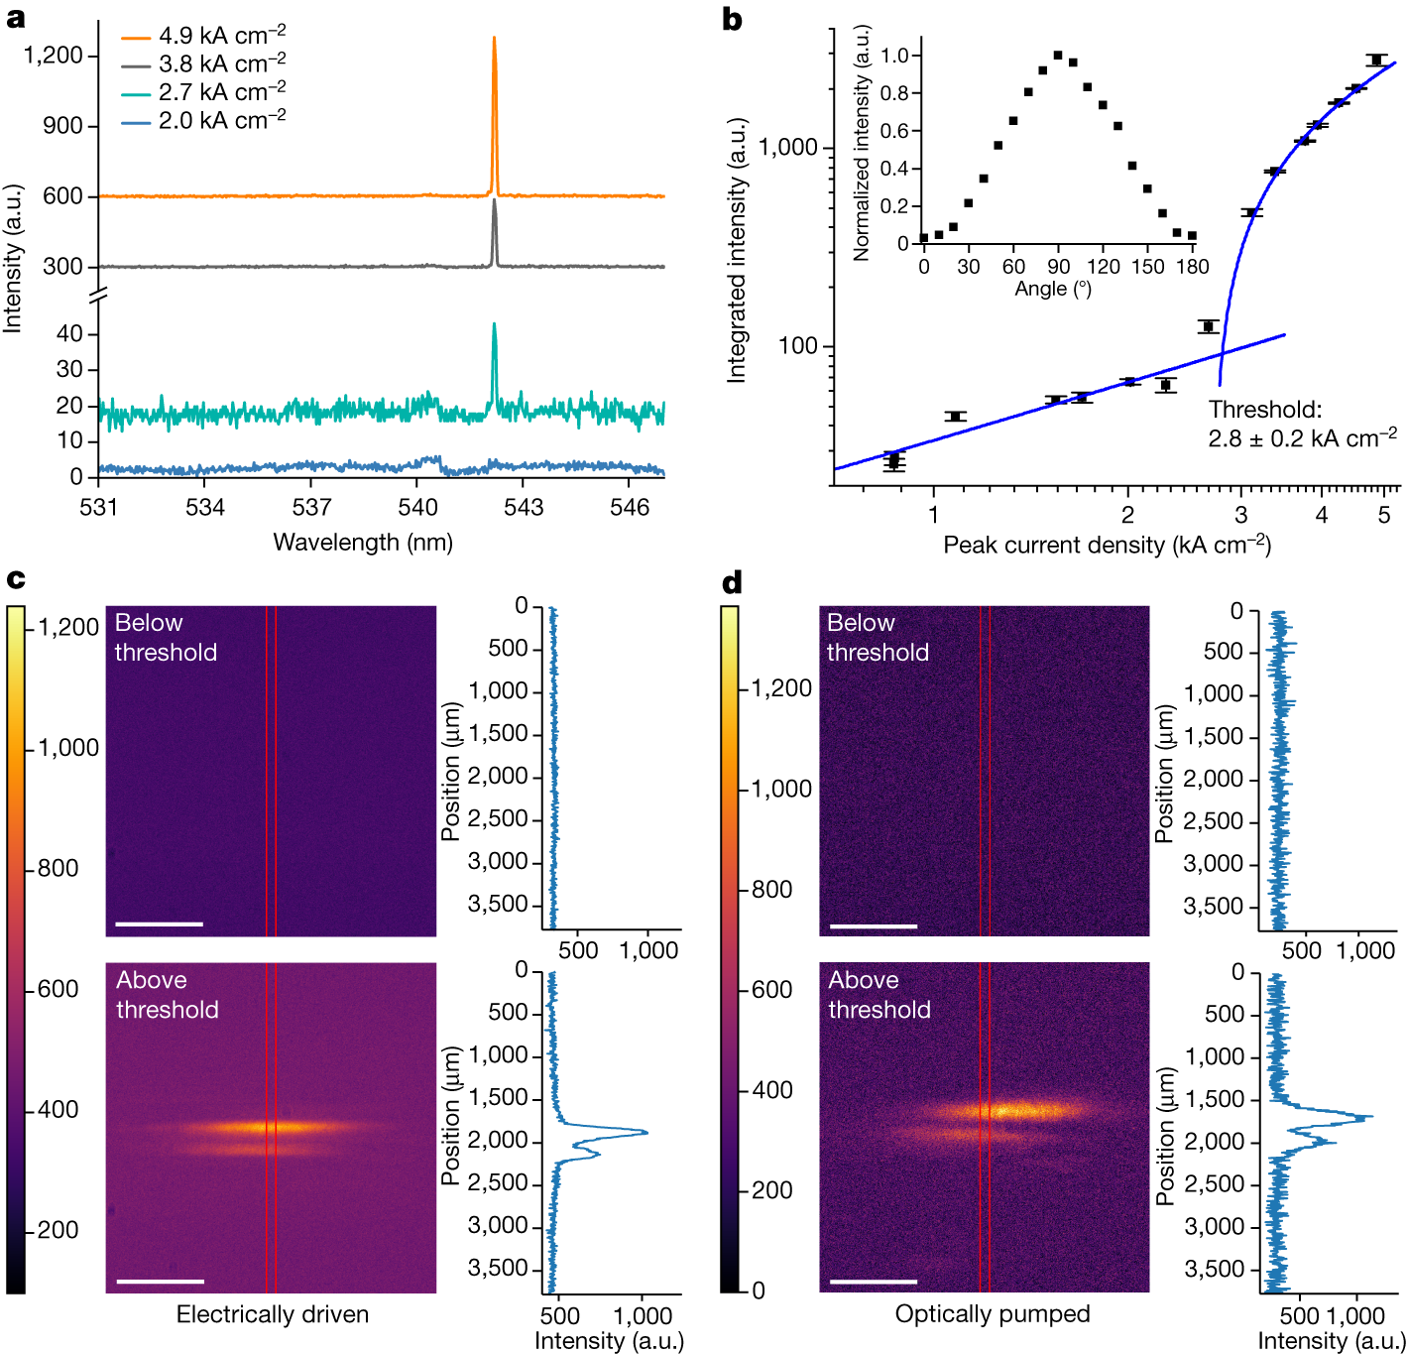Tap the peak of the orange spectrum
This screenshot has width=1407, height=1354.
tap(494, 39)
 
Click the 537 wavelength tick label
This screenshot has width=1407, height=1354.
tap(311, 508)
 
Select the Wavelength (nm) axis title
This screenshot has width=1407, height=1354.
tap(363, 543)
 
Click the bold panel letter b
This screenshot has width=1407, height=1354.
tap(732, 20)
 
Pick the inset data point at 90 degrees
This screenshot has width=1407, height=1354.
tap(1058, 56)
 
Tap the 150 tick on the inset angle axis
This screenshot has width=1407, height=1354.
tap(1147, 266)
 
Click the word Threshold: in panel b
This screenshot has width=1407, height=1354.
tap(1264, 410)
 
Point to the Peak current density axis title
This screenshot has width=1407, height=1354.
tap(1107, 545)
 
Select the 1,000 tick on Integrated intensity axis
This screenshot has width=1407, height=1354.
tap(788, 148)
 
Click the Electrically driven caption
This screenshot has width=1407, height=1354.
tap(273, 1314)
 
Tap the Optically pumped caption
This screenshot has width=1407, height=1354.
tap(993, 1314)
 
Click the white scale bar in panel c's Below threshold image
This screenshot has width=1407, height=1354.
tap(160, 923)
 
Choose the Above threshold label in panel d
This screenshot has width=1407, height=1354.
tap(879, 995)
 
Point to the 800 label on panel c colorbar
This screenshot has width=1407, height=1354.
tap(59, 869)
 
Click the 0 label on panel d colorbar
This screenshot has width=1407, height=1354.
tap(759, 1291)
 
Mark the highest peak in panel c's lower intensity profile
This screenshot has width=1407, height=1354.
tap(646, 1132)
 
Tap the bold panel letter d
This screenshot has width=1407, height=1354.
tap(732, 582)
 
